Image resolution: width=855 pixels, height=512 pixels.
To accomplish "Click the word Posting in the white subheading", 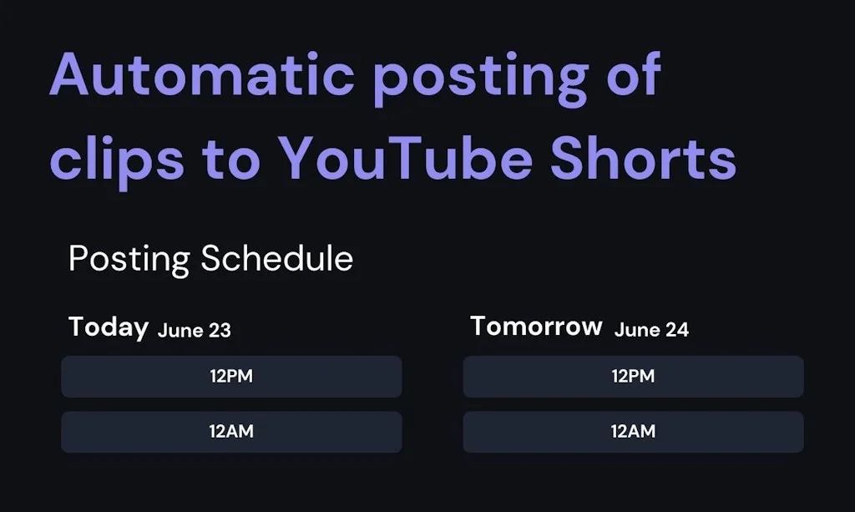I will tap(129, 260).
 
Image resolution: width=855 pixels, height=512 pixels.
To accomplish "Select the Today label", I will tap(109, 327).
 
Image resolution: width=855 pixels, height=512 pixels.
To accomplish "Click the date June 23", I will tap(195, 330).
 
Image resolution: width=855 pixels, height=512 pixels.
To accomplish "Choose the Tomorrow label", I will tap(536, 326).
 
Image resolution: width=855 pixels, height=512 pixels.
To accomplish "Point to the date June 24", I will tap(651, 330).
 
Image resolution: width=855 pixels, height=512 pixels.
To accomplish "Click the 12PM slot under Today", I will tap(231, 377).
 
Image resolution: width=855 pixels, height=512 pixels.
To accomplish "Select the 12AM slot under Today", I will tap(231, 432).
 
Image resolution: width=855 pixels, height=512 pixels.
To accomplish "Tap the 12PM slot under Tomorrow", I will tap(633, 377).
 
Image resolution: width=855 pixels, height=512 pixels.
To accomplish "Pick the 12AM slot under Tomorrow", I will tap(633, 432).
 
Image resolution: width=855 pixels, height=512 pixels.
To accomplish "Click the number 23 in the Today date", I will tap(220, 330).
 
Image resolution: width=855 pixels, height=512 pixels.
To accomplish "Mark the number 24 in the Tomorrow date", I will tap(677, 330).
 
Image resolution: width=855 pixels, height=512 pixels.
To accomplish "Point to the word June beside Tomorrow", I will tap(637, 330).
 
